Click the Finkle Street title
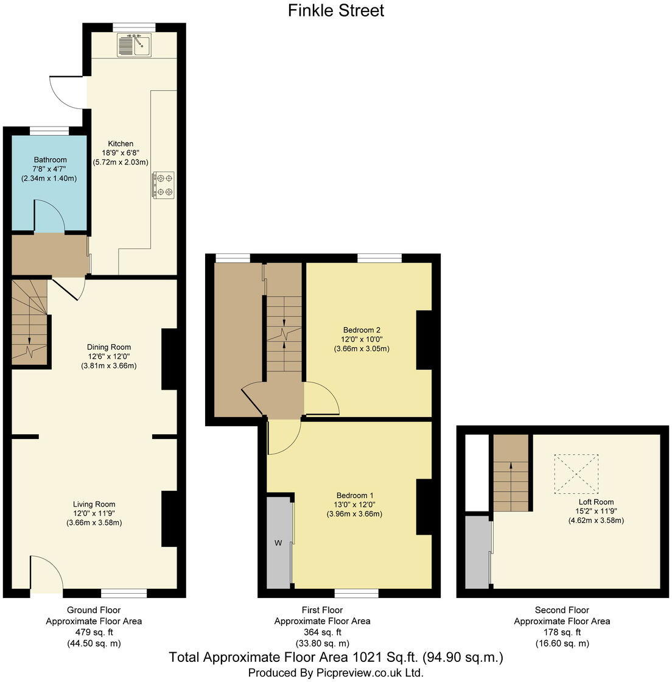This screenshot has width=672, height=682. click(x=336, y=10)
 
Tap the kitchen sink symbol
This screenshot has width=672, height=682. click(x=135, y=45)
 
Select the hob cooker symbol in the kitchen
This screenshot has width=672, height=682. click(x=163, y=185)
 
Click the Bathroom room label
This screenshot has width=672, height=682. click(x=50, y=160)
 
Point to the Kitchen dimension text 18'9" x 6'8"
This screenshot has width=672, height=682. click(x=121, y=153)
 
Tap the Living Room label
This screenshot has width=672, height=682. click(x=94, y=504)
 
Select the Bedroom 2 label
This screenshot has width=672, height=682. click(x=362, y=330)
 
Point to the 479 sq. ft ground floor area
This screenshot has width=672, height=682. click(x=93, y=632)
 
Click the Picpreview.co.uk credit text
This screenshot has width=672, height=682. click(x=335, y=673)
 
